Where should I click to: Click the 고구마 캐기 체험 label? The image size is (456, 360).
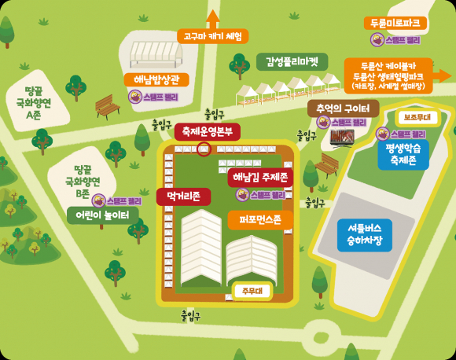[x=212, y=36]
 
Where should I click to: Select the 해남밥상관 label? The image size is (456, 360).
[x=156, y=79]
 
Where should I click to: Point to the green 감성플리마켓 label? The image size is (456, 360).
[x=292, y=61]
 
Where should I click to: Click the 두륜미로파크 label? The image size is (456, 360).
[x=395, y=23]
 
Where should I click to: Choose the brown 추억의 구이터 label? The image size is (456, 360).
[x=343, y=108]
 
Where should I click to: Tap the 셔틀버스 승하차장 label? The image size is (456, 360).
[x=359, y=233]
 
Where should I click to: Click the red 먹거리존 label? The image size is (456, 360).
[x=183, y=195]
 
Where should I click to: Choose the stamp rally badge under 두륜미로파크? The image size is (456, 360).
[x=395, y=39]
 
